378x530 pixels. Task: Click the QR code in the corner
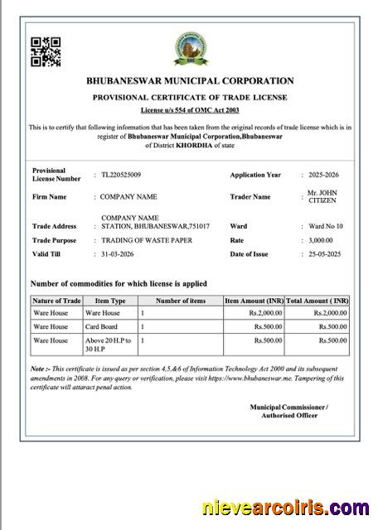coord(46,52)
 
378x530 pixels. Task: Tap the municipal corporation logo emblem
coord(189,49)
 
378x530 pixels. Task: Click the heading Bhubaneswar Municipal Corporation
coord(190,81)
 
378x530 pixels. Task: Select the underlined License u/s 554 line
coord(190,109)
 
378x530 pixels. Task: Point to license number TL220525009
coord(121,175)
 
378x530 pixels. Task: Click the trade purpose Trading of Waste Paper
coord(147,240)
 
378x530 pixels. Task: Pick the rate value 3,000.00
coord(322,240)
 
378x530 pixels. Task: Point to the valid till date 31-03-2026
coord(118,253)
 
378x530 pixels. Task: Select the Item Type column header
coord(110,301)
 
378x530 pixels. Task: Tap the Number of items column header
coord(180,301)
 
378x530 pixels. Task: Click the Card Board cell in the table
coord(100,326)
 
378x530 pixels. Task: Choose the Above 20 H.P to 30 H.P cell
coord(109,344)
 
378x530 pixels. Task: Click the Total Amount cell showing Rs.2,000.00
coord(330,313)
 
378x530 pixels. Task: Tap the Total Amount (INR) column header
coord(317,301)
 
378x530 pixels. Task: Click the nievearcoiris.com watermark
coord(286,508)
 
